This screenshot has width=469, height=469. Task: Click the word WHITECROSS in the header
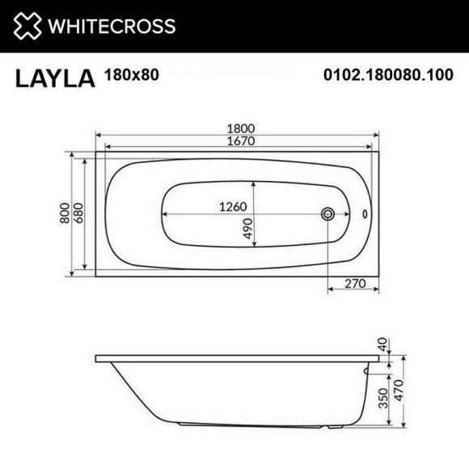pyautogui.click(x=111, y=26)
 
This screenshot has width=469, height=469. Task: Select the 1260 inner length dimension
pyautogui.click(x=232, y=206)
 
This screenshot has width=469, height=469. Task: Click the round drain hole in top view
pyautogui.click(x=328, y=214)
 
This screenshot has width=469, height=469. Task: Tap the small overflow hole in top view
pyautogui.click(x=363, y=214)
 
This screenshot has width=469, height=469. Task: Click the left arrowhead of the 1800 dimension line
pyautogui.click(x=99, y=134)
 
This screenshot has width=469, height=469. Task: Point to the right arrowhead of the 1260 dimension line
pyautogui.click(x=318, y=214)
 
